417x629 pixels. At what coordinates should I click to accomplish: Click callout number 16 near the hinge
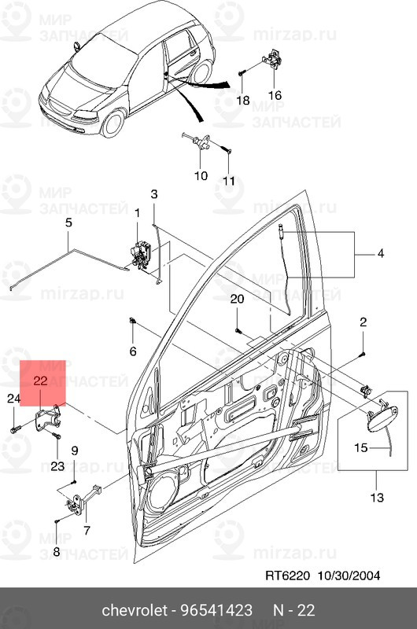click(275, 95)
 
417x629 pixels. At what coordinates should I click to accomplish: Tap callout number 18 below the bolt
click(243, 100)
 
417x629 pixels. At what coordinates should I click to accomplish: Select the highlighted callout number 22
click(41, 381)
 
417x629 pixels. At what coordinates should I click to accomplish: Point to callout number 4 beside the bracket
click(381, 253)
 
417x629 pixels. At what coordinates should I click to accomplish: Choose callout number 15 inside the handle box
click(361, 447)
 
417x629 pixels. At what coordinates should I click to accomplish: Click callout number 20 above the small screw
click(237, 299)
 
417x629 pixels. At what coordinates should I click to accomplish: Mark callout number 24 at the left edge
click(13, 399)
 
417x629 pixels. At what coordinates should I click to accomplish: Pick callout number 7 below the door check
click(87, 530)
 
